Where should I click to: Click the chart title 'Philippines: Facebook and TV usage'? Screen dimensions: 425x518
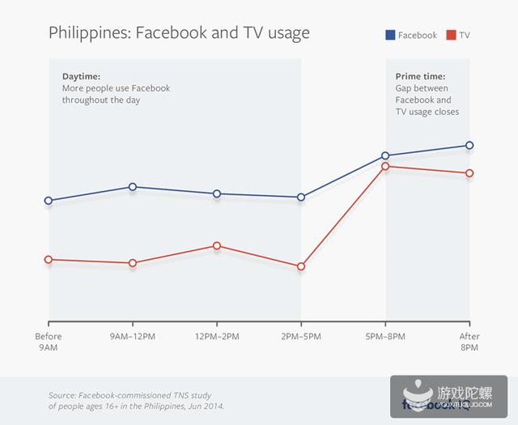(x=179, y=33)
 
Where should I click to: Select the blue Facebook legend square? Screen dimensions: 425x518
(x=391, y=35)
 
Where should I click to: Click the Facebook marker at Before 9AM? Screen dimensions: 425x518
(x=49, y=201)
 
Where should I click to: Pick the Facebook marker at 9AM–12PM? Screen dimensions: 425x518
(x=133, y=187)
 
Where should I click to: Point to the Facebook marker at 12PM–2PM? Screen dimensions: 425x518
(x=217, y=193)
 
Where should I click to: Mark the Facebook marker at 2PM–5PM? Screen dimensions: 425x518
(x=301, y=198)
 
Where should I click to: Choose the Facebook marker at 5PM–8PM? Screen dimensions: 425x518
(x=385, y=155)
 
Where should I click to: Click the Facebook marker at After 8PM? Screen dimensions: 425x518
(x=469, y=146)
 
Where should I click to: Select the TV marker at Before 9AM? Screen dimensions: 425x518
(x=49, y=260)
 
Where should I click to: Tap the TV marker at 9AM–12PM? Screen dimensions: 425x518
(x=133, y=263)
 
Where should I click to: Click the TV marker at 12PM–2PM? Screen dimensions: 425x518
(x=217, y=245)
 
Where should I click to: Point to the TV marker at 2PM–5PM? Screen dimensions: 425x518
(x=301, y=266)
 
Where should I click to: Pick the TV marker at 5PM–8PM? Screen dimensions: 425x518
(x=385, y=167)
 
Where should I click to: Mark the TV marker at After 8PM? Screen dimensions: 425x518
(x=469, y=173)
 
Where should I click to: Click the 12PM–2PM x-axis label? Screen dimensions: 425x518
(x=217, y=337)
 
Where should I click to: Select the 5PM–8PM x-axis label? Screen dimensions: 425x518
(x=385, y=337)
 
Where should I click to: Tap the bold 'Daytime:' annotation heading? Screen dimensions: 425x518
(x=81, y=76)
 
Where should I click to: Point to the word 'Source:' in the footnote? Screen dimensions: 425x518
(x=63, y=395)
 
